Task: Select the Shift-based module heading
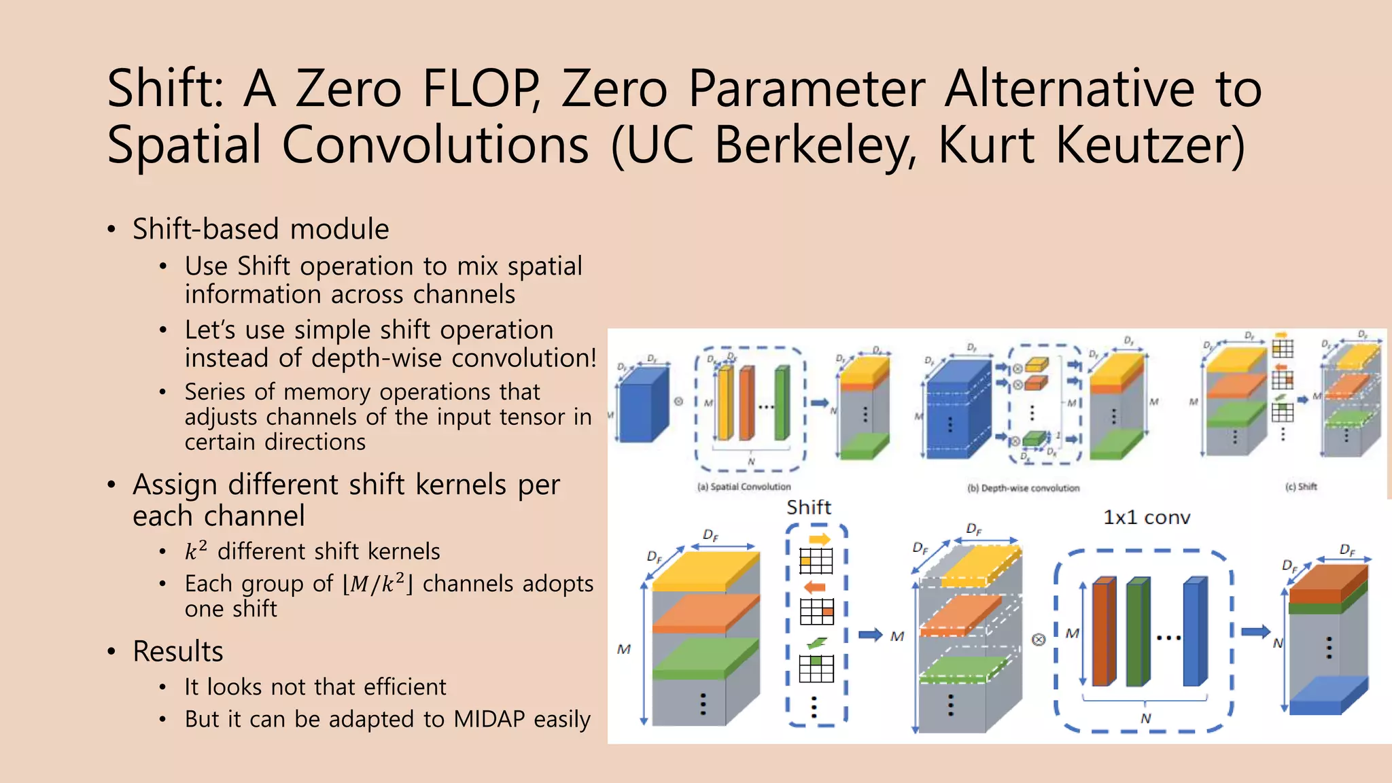tap(260, 229)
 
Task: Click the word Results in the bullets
tap(178, 651)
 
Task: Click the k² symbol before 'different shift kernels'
tap(196, 551)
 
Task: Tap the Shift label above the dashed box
tap(809, 507)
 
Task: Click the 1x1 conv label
tap(1147, 518)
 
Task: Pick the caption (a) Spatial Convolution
tap(744, 487)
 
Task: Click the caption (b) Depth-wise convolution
tap(1023, 488)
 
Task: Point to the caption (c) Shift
tap(1301, 487)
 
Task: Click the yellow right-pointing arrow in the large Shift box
tap(820, 540)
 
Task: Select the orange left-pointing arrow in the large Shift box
tap(814, 587)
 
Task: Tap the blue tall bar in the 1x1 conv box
tap(1194, 631)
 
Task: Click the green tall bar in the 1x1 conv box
tap(1137, 632)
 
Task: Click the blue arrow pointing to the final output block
tap(1255, 631)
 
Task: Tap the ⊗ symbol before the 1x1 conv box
tap(1039, 640)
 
